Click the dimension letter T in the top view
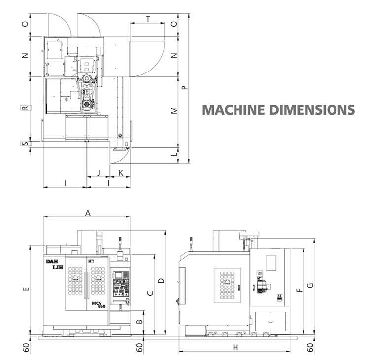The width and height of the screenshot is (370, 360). point(148,19)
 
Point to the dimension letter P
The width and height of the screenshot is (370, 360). point(185,87)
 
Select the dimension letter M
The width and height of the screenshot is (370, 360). point(174,110)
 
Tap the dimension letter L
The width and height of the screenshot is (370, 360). point(174,154)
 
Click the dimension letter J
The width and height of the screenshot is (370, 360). point(99,172)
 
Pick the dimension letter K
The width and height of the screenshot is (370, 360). point(121,173)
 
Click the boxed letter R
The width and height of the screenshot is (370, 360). point(26,108)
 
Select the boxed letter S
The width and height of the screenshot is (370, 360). point(26,143)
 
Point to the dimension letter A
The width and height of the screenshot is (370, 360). point(88,213)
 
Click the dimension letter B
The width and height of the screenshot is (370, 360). point(139,321)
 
